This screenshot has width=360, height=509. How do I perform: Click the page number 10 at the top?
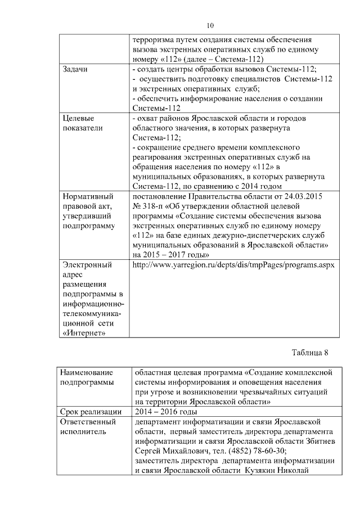coord(210,25)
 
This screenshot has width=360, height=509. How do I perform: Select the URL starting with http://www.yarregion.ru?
coord(232,264)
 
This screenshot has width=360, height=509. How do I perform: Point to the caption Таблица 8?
coord(309,353)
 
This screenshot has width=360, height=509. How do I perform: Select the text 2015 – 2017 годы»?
coord(164,254)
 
